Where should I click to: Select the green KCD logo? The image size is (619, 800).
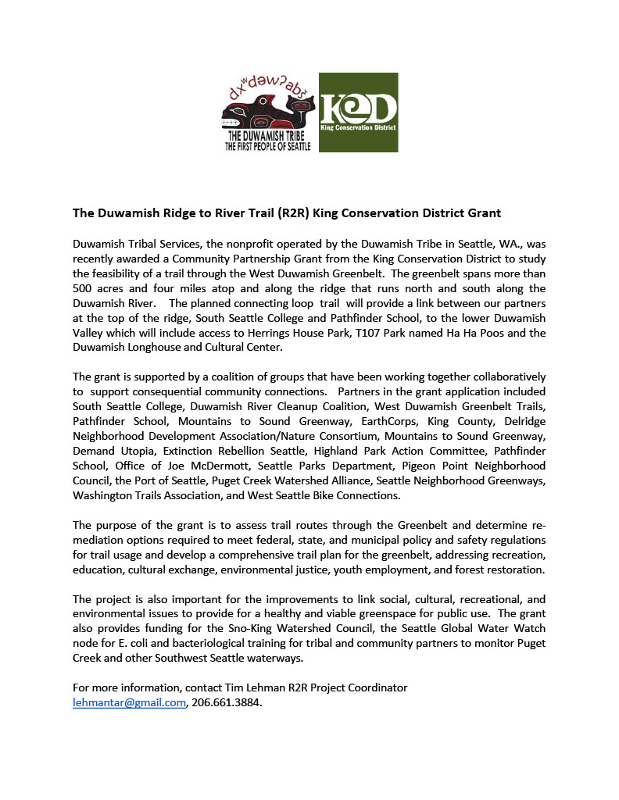pos(359,112)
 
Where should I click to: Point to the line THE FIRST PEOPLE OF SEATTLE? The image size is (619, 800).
pos(267,146)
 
